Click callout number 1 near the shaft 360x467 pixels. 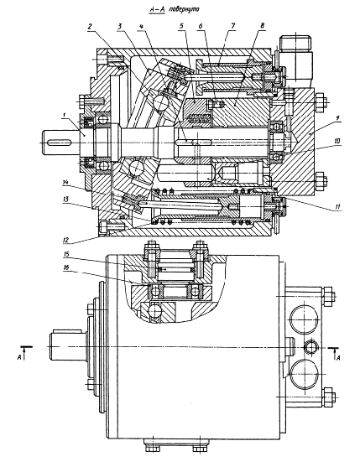(x=64, y=118)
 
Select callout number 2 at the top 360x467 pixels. (x=90, y=26)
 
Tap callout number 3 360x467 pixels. (x=119, y=26)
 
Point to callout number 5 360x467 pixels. (x=181, y=26)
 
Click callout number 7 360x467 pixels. (x=232, y=26)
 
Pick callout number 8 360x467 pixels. (x=262, y=26)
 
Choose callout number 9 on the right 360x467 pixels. (x=337, y=118)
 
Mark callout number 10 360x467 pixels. (x=337, y=142)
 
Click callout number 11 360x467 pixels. (x=337, y=206)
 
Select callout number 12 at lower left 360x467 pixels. (x=65, y=239)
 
